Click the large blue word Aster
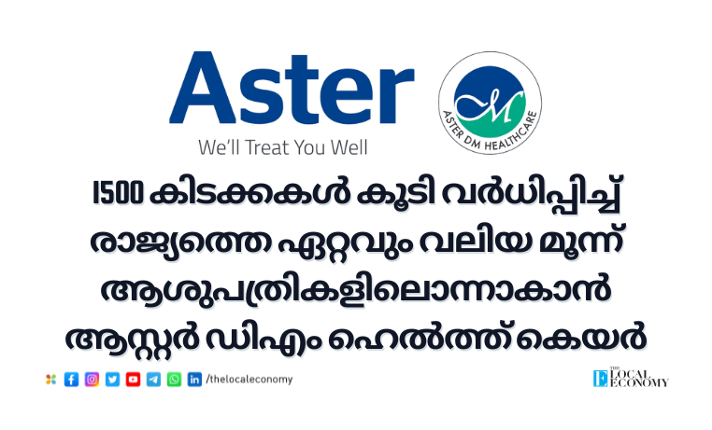[292, 88]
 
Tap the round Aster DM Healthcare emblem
[490, 103]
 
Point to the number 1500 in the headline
[118, 193]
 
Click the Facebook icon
[71, 380]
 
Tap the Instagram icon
[92, 380]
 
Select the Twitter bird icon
[113, 380]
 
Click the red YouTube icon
[133, 380]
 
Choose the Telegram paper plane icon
[153, 380]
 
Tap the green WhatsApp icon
[174, 380]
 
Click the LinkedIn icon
[194, 380]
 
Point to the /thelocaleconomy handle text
[249, 380]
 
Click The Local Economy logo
[631, 377]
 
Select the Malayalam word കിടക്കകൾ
[249, 194]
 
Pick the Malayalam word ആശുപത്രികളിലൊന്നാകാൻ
[356, 290]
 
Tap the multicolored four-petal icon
[50, 380]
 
